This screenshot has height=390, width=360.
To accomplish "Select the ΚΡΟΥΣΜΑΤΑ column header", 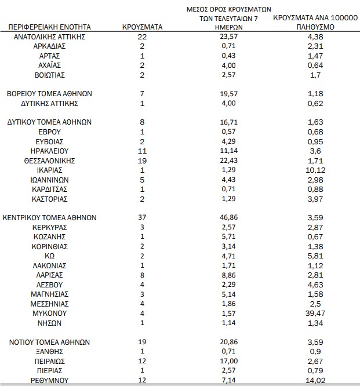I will click(x=143, y=27).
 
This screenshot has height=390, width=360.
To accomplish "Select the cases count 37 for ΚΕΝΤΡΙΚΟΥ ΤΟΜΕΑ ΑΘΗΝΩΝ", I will click(x=143, y=218).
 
